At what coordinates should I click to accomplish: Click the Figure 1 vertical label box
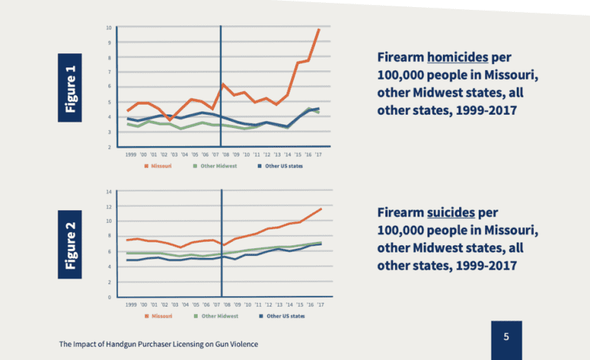70,87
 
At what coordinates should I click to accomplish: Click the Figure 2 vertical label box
70,245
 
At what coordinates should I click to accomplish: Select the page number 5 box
506,337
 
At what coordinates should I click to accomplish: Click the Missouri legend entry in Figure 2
159,316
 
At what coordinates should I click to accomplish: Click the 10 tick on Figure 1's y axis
108,27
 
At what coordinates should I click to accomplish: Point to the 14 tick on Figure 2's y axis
108,191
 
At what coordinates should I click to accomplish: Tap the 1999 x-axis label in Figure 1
130,153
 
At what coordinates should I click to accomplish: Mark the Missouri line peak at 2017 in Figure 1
319,30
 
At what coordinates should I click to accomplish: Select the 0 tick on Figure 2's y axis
110,297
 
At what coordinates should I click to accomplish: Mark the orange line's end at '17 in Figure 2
321,209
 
